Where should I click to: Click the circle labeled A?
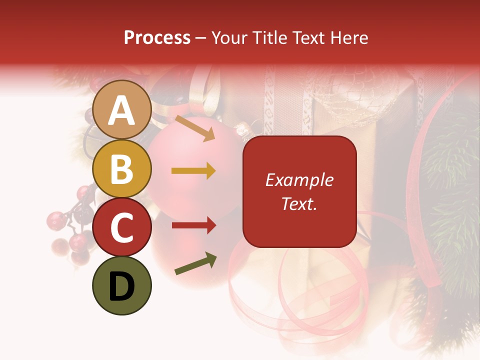122,109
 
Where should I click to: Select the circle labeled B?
122,168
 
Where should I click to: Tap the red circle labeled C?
122,227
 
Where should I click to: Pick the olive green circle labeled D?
122,285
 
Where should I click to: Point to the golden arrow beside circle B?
193,171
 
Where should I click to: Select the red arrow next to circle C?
193,225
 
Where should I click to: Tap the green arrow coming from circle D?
195,264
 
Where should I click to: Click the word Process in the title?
157,37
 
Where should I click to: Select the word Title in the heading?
266,37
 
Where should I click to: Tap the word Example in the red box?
299,180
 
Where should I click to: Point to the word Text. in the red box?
299,203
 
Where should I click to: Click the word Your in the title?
229,37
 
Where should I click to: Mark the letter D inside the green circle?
122,286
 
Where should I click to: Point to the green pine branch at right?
450,190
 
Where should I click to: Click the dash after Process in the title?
200,38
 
